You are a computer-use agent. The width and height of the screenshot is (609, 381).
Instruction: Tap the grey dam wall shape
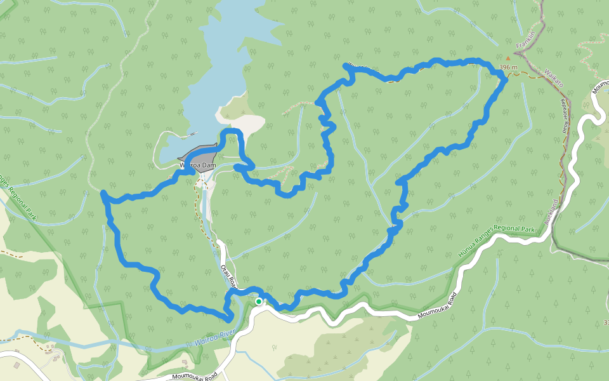pyautogui.click(x=202, y=158)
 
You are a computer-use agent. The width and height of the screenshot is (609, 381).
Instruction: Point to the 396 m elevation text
pyautogui.click(x=509, y=67)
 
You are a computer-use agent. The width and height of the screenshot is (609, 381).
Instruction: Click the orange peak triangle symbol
pyautogui.click(x=507, y=58)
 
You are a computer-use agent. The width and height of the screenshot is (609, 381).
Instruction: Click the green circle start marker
pyautogui.click(x=259, y=302)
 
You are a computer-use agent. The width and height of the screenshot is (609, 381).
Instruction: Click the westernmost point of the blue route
pyautogui.click(x=103, y=192)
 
